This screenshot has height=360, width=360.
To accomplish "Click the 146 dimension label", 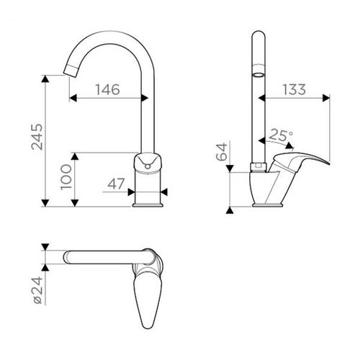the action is click(x=107, y=89).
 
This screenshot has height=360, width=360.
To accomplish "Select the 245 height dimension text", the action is click(x=37, y=137).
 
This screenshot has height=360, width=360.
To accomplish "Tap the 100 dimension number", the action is click(x=66, y=177).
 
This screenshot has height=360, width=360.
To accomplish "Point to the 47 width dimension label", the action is click(x=116, y=184).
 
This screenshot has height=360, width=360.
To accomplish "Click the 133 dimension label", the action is click(x=294, y=89).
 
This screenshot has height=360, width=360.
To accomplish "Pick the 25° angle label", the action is click(x=281, y=135).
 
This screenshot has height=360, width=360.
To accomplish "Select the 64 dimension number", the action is click(x=222, y=152).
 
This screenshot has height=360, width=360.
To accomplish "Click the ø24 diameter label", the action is click(x=38, y=290).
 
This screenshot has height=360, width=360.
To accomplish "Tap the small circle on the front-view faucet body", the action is click(x=148, y=166).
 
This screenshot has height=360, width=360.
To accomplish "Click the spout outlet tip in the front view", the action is click(x=70, y=71).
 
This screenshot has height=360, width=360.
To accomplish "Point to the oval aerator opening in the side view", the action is click(x=258, y=75).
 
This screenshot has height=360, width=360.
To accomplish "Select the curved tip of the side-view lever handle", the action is click(x=325, y=161).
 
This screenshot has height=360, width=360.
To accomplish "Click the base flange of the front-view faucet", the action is click(x=148, y=204).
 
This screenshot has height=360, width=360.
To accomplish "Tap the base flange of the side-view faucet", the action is click(x=267, y=204).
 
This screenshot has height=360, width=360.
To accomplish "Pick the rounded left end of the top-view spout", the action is click(x=66, y=257).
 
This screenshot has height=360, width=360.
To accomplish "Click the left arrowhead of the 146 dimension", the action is click(x=73, y=98).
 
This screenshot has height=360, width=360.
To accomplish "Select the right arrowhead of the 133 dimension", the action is click(x=326, y=98).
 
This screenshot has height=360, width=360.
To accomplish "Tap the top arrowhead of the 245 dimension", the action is click(x=45, y=78).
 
